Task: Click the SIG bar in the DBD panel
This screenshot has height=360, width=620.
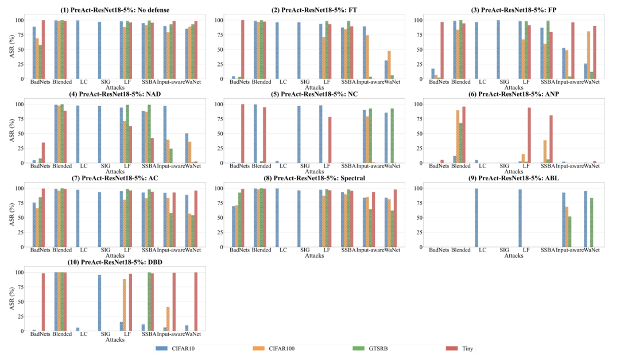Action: tap(99, 303)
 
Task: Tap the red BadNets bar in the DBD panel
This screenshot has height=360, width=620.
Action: tap(43, 302)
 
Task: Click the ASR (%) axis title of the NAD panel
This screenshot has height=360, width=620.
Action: tap(11, 134)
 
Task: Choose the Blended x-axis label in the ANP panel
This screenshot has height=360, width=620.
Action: tap(461, 166)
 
